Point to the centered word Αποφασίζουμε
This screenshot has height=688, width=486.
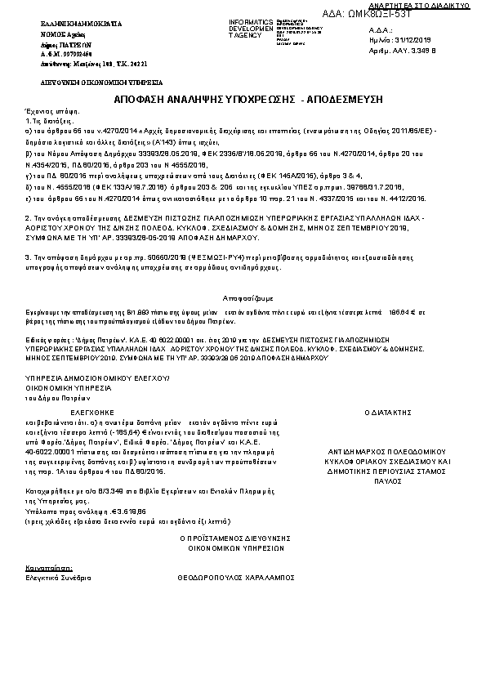242,299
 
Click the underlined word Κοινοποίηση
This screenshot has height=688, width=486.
48,566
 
